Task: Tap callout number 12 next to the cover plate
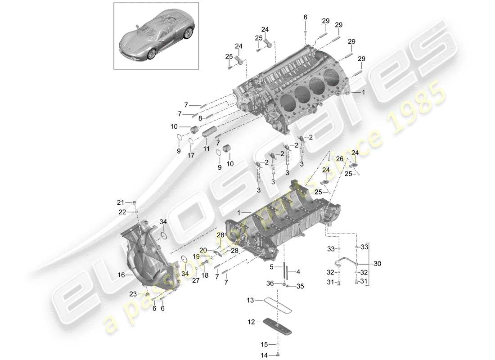(x=251, y=322)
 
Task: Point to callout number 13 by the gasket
(x=250, y=299)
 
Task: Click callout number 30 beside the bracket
(x=377, y=264)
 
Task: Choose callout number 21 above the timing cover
(x=120, y=202)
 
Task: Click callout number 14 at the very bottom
(x=265, y=355)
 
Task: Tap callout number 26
(x=338, y=158)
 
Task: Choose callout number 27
(x=195, y=280)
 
